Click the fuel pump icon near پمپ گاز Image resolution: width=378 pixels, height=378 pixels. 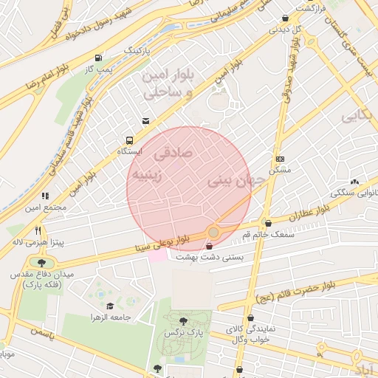(98, 58)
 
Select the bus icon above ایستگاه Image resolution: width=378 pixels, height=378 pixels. (130, 140)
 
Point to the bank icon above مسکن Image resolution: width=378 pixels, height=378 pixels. (281, 159)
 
